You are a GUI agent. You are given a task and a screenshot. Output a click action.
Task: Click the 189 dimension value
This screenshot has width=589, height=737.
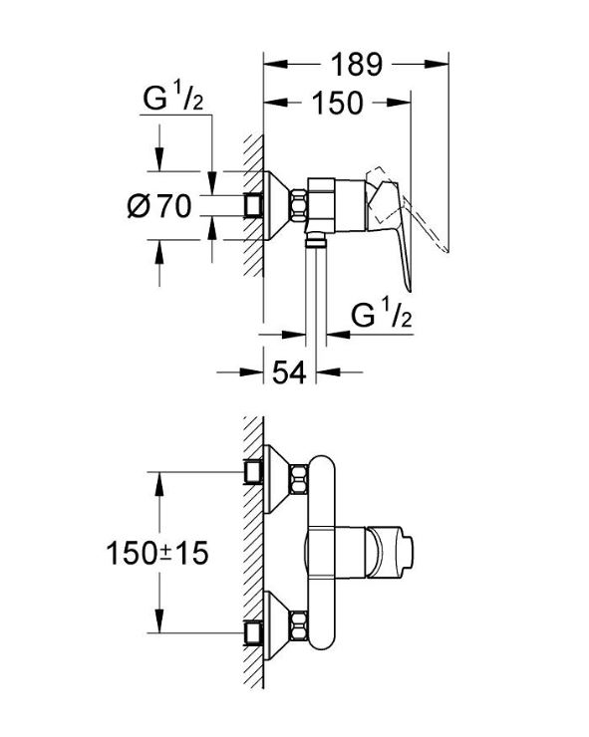point(357,65)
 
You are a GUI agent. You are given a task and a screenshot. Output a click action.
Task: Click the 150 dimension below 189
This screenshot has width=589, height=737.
point(338,103)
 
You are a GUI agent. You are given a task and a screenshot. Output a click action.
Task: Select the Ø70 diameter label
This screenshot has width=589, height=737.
point(159,206)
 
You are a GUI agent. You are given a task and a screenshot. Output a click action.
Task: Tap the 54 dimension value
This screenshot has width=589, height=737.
point(289,372)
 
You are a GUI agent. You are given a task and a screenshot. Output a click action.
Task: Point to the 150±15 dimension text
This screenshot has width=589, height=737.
point(157,553)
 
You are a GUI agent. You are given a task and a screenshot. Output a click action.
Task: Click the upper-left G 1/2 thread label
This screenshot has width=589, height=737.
point(173,97)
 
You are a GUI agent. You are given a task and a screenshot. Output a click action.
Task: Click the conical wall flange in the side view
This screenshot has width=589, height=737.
point(277,205)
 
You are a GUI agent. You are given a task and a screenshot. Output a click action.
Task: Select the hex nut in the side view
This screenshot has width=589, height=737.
point(299,205)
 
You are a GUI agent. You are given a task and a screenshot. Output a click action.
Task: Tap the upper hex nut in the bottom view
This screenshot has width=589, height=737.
point(299,479)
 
